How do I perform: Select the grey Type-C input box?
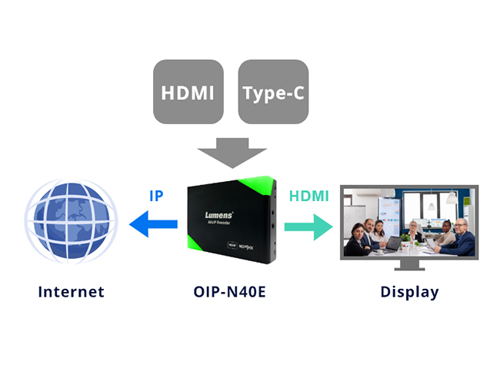pos(273,92)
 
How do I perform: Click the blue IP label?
pos(156,195)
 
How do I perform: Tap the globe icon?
pos(71,223)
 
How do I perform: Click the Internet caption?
pos(71,292)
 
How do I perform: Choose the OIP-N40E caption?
pos(232,292)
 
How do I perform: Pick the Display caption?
pos(409,292)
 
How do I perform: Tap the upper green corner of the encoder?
pos(258,187)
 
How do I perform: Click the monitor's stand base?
pos(410,267)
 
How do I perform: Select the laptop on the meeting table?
pos(393,243)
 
